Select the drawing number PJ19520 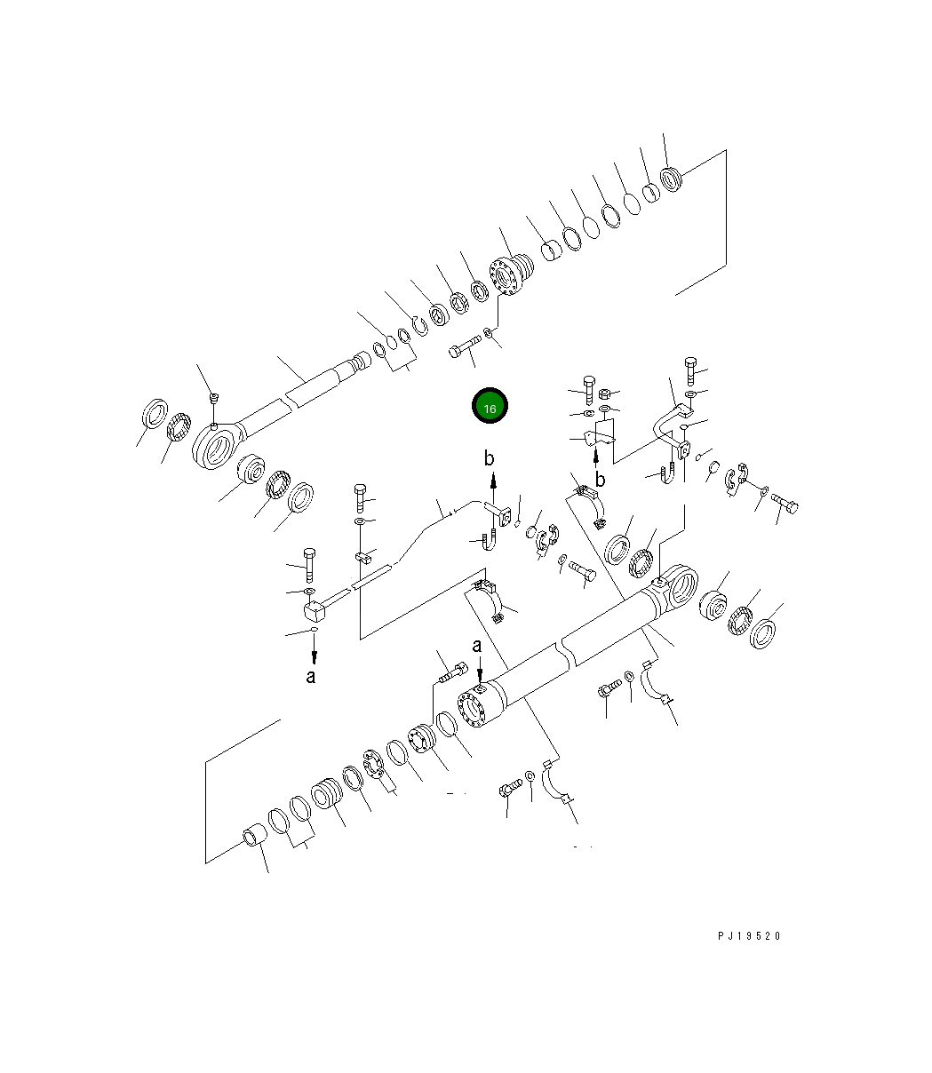(x=749, y=936)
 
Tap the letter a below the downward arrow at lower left (x=310, y=677)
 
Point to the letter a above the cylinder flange (x=476, y=646)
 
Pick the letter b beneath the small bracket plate (x=600, y=479)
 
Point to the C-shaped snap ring (x=420, y=326)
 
